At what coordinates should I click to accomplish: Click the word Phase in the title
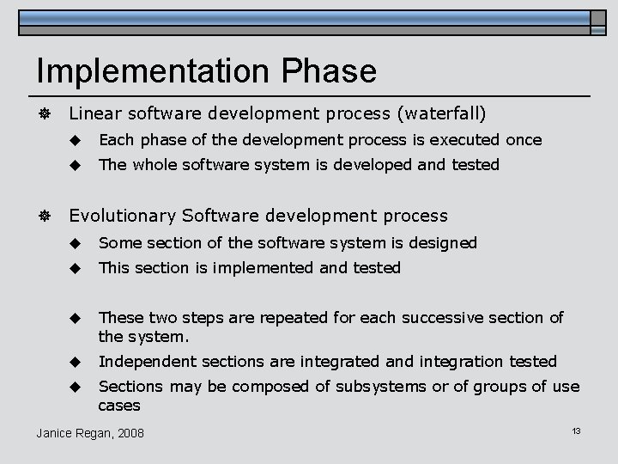pyautogui.click(x=334, y=71)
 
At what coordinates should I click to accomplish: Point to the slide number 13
pyautogui.click(x=576, y=430)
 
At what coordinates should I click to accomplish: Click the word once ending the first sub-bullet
pyautogui.click(x=524, y=139)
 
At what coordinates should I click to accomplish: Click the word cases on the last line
pyautogui.click(x=119, y=405)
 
